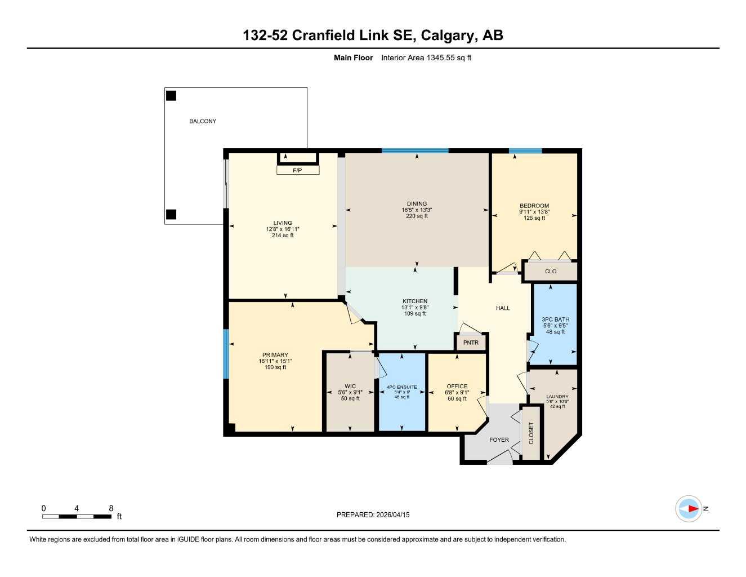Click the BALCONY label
[203, 121]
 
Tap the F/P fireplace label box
[298, 170]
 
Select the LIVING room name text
[283, 223]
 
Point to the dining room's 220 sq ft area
[417, 216]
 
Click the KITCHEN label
[415, 301]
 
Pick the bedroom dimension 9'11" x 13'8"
[534, 212]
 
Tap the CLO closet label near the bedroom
[551, 272]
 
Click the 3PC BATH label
[555, 319]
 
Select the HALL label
[503, 308]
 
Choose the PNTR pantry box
[471, 343]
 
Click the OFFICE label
[457, 387]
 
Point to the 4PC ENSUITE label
[402, 387]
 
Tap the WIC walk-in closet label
[350, 387]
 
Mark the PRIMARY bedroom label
[275, 355]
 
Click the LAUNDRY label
[557, 397]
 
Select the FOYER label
[499, 440]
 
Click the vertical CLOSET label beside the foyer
[531, 433]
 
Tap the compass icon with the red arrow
[689, 509]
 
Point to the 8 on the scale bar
[111, 508]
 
